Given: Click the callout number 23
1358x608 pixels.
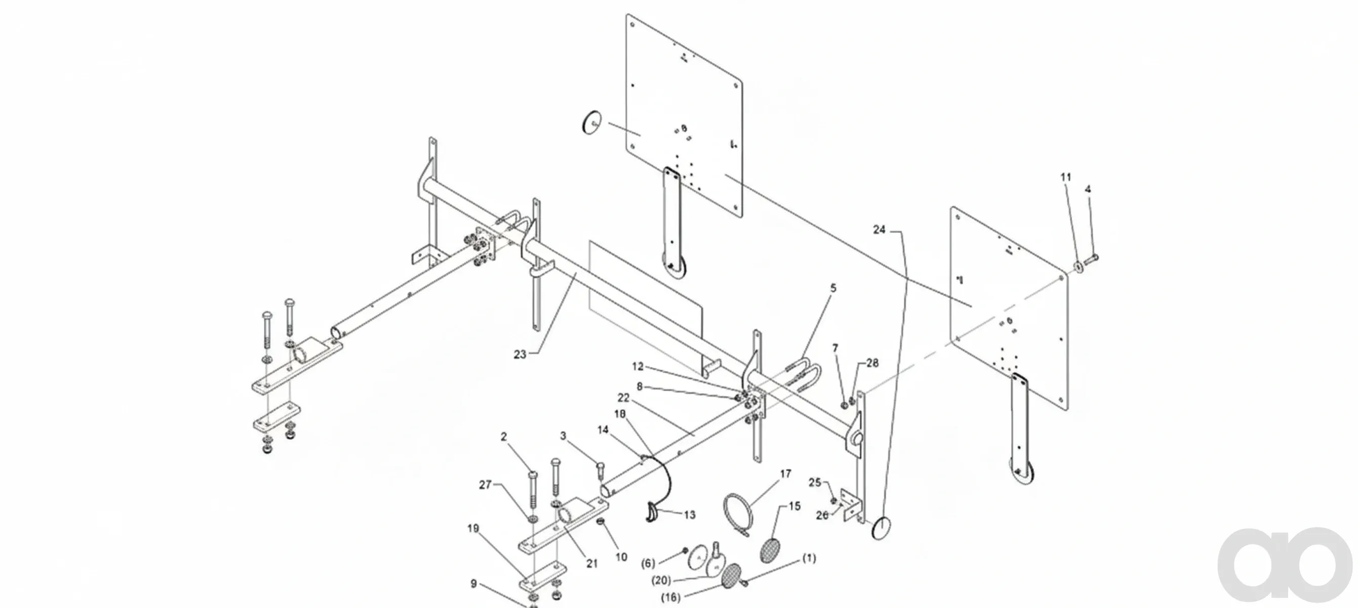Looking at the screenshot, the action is coord(520,354).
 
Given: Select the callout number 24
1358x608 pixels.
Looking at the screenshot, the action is coord(880,230).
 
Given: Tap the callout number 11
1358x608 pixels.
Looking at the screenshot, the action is coord(1066,177).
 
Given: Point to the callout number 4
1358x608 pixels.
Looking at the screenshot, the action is coord(1088,189).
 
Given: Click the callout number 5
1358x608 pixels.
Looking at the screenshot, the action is coord(833,288).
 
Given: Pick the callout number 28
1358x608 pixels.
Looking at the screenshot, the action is coord(872,363).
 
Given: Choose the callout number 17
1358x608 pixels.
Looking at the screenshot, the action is coord(785,474).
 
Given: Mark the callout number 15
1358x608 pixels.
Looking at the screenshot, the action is coord(794,506).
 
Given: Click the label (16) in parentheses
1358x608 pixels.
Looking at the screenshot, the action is coord(670,597).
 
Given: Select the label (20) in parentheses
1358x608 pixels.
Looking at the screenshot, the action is coord(662,581).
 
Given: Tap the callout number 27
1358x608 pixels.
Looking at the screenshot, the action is coord(485,484).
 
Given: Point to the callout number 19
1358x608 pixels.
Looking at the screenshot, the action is coord(473,528).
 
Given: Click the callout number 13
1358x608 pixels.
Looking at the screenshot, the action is coord(690,515).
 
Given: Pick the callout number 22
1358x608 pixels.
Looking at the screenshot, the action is coord(624,397).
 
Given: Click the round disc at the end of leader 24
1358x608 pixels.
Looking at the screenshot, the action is coord(881,528).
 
